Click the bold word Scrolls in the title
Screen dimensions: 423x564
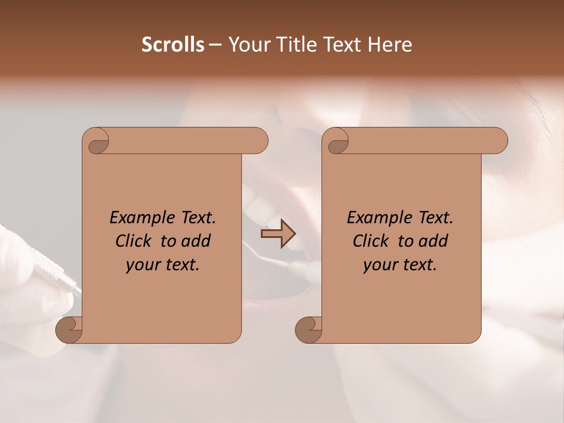(x=173, y=45)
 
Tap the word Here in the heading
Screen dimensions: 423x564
(x=390, y=45)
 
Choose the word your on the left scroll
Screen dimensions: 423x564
(x=142, y=266)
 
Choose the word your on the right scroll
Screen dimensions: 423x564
(x=379, y=266)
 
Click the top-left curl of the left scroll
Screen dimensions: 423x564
(x=95, y=141)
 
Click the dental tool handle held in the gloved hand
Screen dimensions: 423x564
(x=56, y=274)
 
